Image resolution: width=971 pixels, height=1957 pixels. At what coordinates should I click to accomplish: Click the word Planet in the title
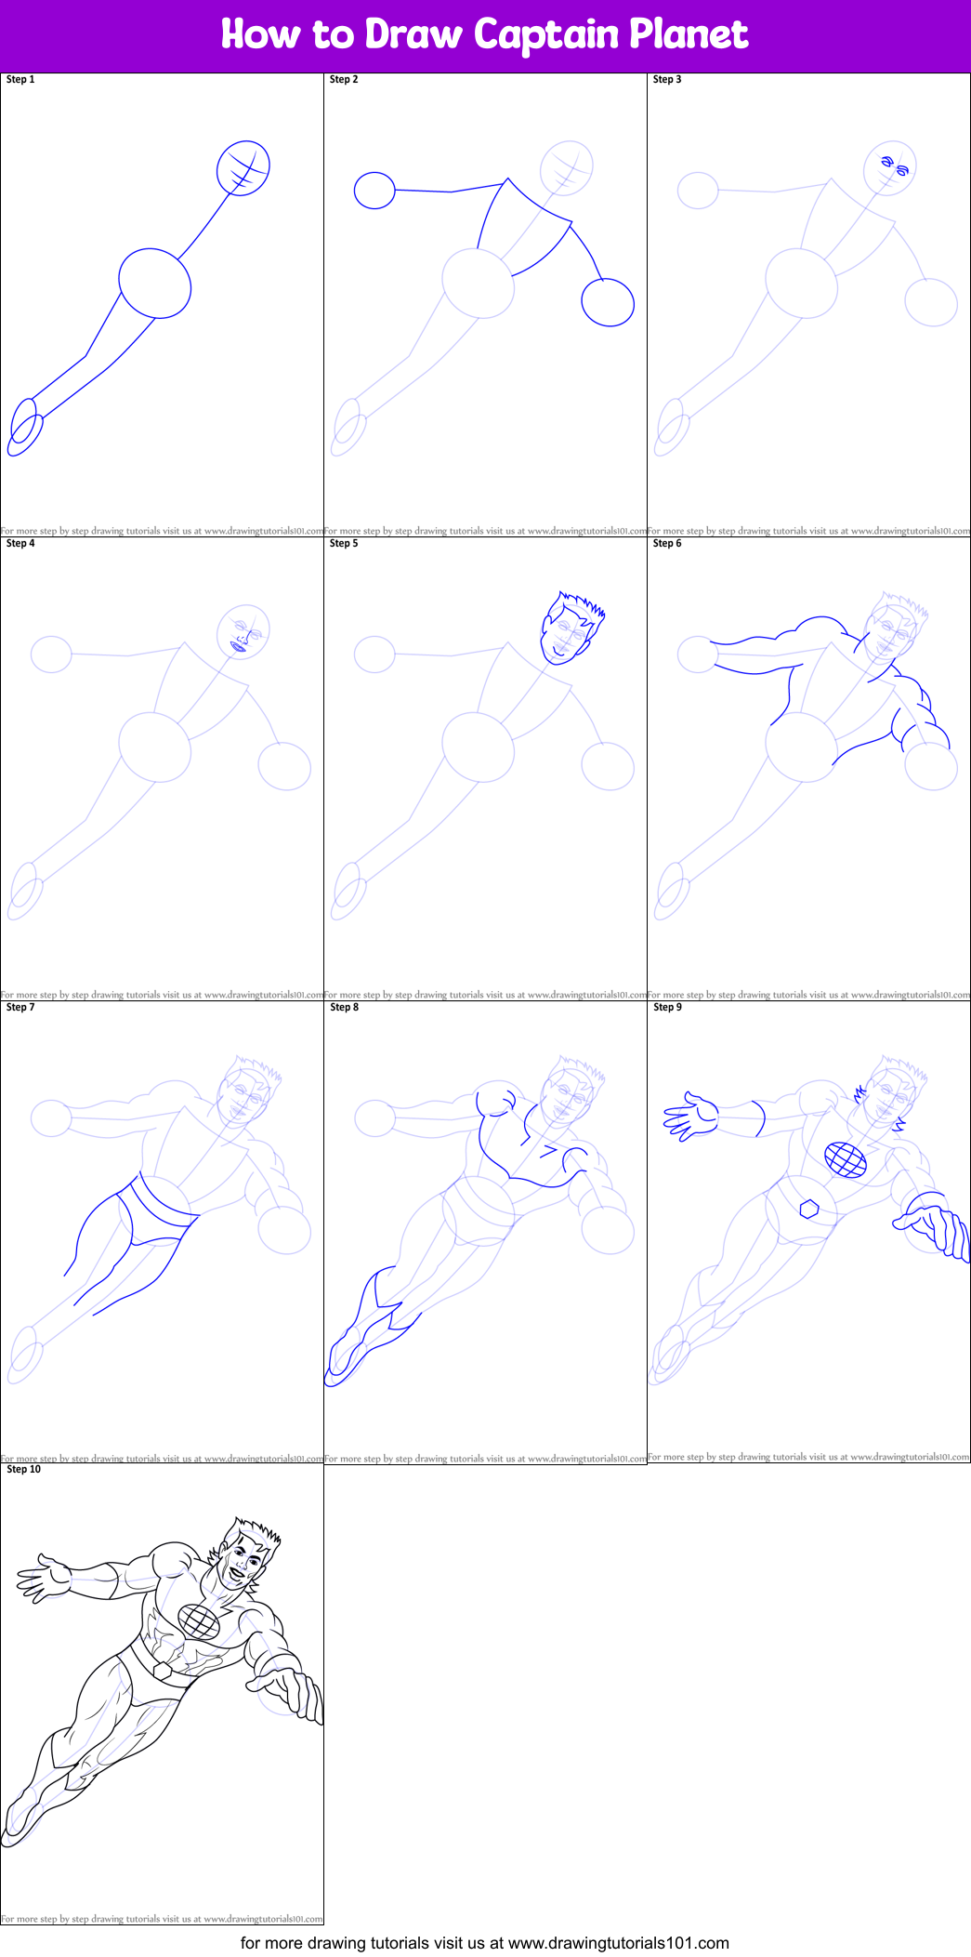689,34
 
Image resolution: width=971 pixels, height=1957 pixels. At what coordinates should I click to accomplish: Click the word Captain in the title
546,34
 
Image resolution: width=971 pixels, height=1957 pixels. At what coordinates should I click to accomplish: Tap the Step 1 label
20,80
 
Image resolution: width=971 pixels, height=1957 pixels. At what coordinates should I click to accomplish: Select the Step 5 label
344,544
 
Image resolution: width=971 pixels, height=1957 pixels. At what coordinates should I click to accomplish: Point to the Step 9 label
667,1008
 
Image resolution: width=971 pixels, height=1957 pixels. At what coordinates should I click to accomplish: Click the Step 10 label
24,1470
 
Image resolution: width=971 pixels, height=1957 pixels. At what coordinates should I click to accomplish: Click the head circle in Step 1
243,168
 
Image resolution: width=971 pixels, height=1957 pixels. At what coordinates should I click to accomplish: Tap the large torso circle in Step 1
155,284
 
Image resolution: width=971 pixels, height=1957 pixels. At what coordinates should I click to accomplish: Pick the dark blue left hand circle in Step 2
374,191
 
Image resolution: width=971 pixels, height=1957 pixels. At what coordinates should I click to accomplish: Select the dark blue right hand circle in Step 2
608,303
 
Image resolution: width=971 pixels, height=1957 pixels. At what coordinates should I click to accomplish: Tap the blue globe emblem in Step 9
846,1159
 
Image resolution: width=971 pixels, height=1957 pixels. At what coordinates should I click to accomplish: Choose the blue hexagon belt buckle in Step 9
809,1209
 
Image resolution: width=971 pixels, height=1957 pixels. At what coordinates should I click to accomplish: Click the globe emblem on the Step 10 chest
199,1622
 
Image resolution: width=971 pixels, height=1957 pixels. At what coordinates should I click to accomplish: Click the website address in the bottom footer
618,1943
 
